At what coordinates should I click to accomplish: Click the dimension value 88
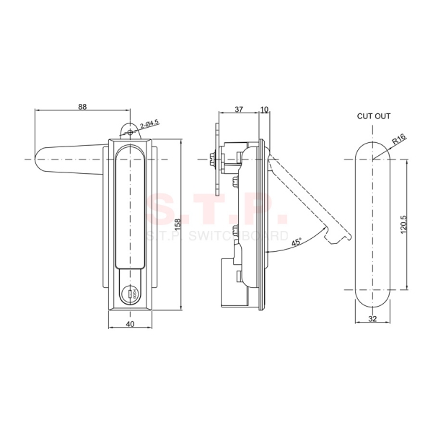click(82, 107)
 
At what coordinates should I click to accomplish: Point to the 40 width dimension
click(131, 324)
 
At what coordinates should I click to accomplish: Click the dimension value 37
click(239, 110)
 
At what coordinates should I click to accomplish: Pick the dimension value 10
click(263, 110)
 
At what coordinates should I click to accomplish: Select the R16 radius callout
click(400, 139)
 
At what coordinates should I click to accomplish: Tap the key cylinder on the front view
click(131, 293)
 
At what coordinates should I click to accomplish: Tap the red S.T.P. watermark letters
click(216, 210)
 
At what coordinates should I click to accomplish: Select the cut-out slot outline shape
click(374, 224)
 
